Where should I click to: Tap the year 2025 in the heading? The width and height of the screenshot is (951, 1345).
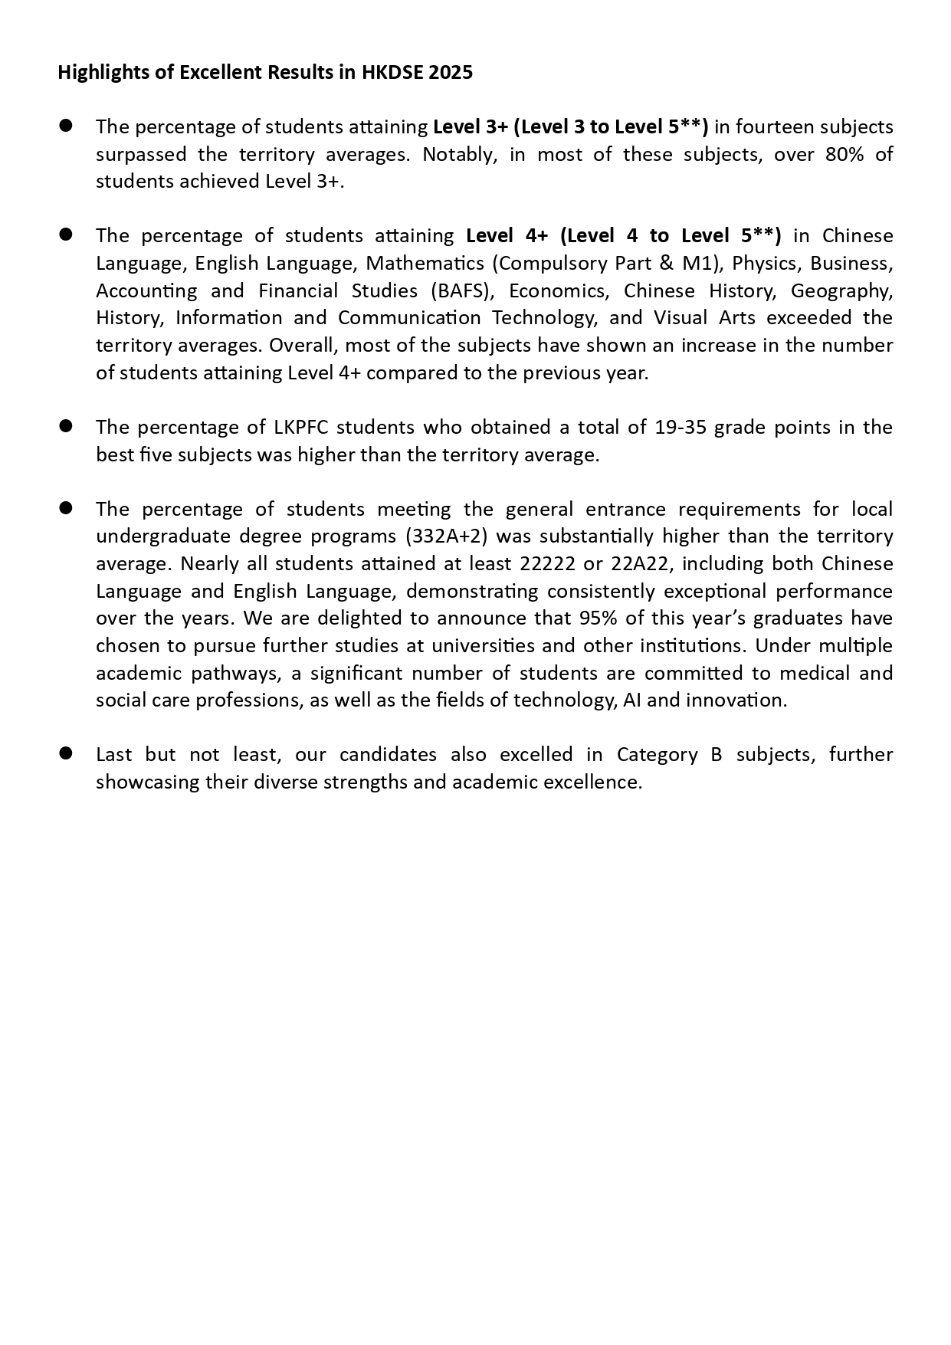point(451,72)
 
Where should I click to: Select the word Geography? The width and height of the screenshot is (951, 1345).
point(841,290)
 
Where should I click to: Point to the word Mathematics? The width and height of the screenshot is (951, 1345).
point(425,263)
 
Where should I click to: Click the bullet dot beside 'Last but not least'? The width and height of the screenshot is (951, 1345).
point(65,753)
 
